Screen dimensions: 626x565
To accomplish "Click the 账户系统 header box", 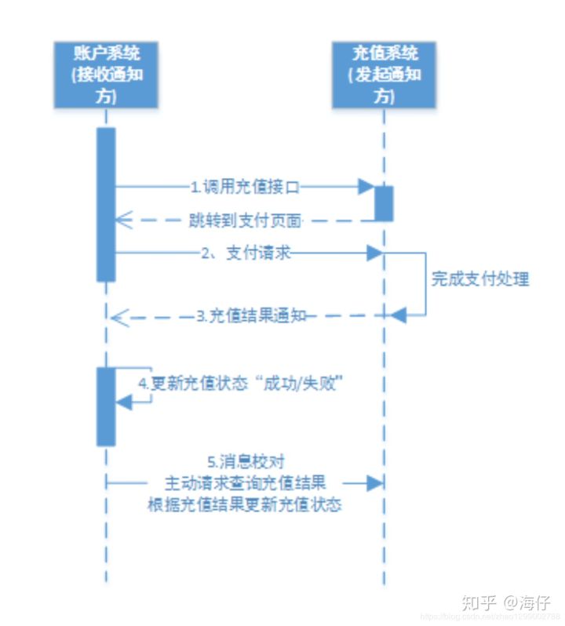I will point(105,75).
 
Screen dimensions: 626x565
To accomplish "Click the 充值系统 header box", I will point(384,75).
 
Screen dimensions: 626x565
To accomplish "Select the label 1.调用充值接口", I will point(245,187).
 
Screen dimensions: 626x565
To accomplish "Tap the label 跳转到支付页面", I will point(245,220).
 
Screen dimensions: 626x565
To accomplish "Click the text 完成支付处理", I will point(480,278).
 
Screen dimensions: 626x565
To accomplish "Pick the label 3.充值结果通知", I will point(250,316).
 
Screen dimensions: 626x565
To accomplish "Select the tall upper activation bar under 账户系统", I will point(106,204).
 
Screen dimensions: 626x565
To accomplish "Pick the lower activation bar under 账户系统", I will point(106,406).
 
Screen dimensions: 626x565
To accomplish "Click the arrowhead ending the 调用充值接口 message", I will point(366,187).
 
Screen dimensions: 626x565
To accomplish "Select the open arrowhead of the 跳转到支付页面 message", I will point(121,220).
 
